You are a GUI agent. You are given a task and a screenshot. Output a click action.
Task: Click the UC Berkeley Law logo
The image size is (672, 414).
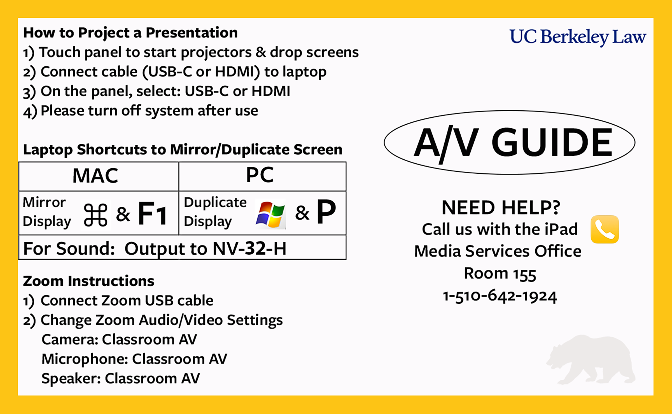(578, 37)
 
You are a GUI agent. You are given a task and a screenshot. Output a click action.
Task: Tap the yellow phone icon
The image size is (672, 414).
(605, 229)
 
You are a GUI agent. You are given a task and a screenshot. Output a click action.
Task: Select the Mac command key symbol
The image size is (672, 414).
(95, 215)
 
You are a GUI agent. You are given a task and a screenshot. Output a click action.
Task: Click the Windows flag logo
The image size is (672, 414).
(270, 214)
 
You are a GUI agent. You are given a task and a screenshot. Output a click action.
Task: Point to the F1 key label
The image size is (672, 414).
(153, 213)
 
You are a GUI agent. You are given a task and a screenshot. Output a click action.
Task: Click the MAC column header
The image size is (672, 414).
(95, 176)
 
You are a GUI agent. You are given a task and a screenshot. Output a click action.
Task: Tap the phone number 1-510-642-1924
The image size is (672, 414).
(500, 296)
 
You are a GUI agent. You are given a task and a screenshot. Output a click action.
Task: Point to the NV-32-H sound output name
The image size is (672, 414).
(249, 248)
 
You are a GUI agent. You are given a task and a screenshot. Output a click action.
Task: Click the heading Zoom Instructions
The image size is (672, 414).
(88, 281)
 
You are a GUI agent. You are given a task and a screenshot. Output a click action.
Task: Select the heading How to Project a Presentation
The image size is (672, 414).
(130, 33)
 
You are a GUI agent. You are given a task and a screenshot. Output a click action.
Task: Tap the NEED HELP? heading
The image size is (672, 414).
(501, 207)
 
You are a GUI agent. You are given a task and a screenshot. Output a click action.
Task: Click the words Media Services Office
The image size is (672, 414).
(498, 251)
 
